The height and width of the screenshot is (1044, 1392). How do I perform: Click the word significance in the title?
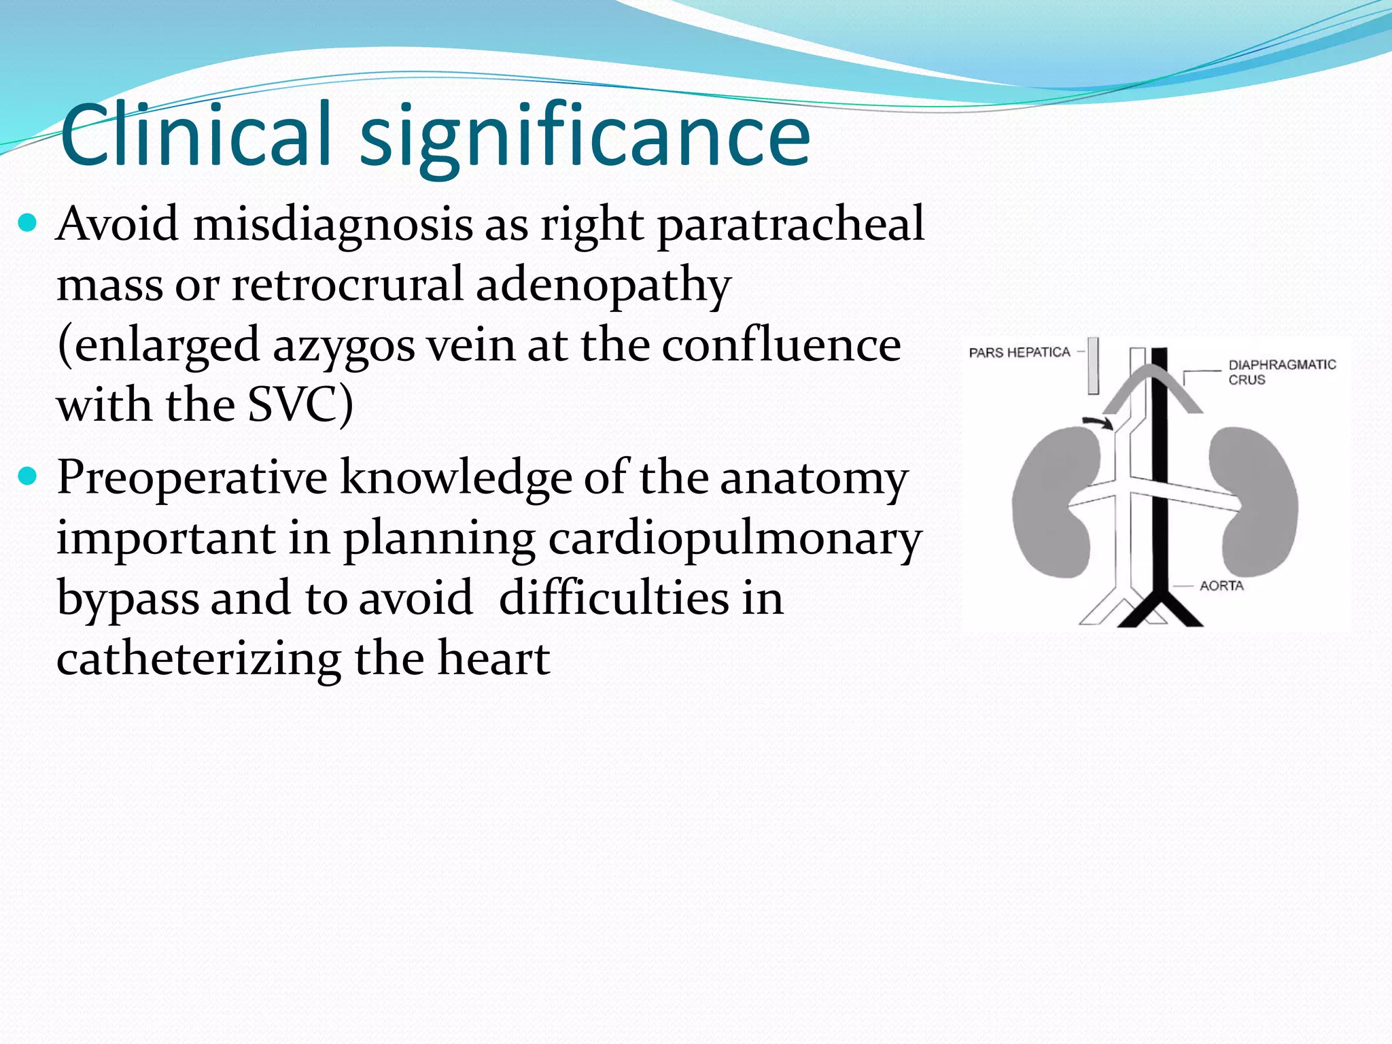click(x=585, y=139)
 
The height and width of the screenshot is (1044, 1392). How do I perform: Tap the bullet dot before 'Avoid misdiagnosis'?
click(x=28, y=222)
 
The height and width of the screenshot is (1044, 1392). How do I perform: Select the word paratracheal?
click(x=790, y=224)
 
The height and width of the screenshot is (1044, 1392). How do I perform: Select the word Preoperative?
click(x=192, y=478)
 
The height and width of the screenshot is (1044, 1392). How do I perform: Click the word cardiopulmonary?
click(x=735, y=540)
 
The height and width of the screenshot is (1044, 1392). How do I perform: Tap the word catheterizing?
click(x=198, y=660)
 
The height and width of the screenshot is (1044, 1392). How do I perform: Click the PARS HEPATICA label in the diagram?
click(x=1019, y=352)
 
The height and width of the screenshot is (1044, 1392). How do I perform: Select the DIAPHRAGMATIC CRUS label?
click(x=1281, y=372)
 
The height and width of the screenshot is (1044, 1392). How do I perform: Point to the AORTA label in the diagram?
click(x=1221, y=585)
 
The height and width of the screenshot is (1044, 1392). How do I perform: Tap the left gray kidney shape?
click(x=1050, y=503)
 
